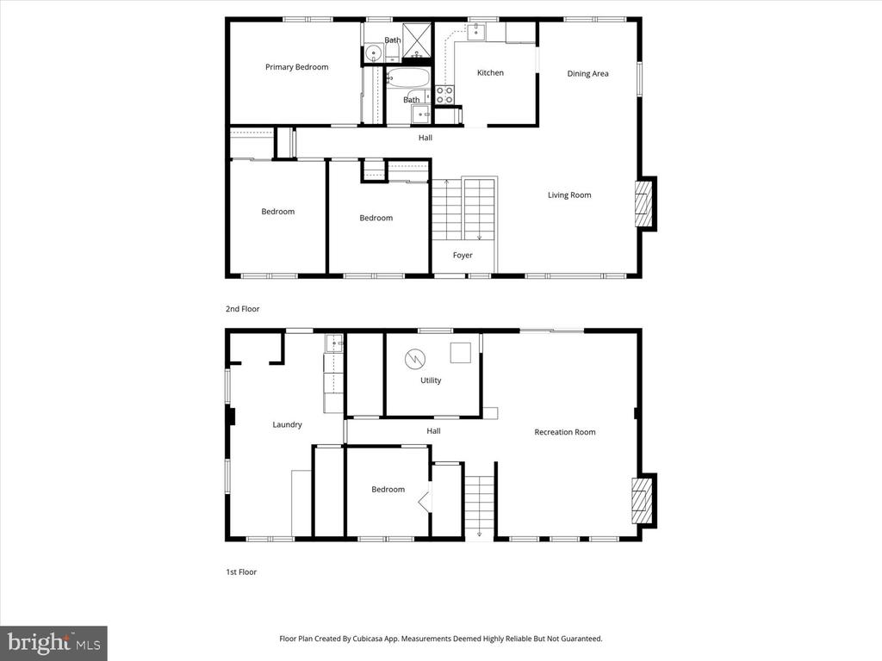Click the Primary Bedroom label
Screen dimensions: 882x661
(296, 67)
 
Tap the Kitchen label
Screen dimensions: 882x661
(490, 72)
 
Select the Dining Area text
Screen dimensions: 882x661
(587, 74)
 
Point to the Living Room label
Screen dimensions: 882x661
(569, 195)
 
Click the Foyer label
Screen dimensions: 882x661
(463, 255)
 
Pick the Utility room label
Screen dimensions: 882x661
(431, 380)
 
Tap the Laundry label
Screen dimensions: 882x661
(287, 425)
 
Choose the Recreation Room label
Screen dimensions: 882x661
(565, 432)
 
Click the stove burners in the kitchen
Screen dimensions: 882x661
(444, 95)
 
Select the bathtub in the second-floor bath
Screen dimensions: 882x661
(407, 77)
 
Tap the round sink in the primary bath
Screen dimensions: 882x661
(373, 54)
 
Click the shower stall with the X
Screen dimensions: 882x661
(417, 40)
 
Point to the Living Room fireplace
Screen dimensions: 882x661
(645, 203)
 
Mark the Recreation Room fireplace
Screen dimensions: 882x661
(644, 500)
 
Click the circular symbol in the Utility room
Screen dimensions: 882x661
(415, 359)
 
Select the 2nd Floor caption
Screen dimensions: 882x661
(242, 309)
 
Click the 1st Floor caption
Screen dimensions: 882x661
(241, 572)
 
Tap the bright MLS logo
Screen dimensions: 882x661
(53, 643)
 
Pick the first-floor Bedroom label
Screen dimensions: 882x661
(388, 490)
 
